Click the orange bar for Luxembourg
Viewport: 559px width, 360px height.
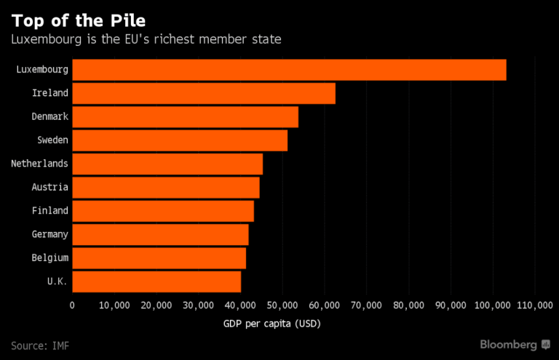coord(289,70)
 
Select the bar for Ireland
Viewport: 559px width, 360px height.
coord(204,93)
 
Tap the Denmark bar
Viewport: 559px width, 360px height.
coord(186,117)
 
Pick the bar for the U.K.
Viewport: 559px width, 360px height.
coord(156,281)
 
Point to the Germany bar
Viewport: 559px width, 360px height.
coord(160,235)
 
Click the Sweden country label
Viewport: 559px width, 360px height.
coord(52,140)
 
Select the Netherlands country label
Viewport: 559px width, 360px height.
coord(39,164)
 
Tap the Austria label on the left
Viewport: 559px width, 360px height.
coord(50,187)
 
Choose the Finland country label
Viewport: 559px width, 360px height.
coord(50,210)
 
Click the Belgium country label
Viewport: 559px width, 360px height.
coord(50,257)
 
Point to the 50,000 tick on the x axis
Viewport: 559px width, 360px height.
coord(282,305)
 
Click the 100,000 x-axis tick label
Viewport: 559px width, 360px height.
coord(493,305)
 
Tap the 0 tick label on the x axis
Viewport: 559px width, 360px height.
coord(72,305)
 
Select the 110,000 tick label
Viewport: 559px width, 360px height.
coord(535,305)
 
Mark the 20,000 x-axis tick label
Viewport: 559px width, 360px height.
coord(156,305)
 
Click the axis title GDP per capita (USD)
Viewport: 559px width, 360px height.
coord(272,324)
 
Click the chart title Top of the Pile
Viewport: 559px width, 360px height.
coord(79,20)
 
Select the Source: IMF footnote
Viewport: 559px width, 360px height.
coord(40,345)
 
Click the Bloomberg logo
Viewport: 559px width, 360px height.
coord(515,345)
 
